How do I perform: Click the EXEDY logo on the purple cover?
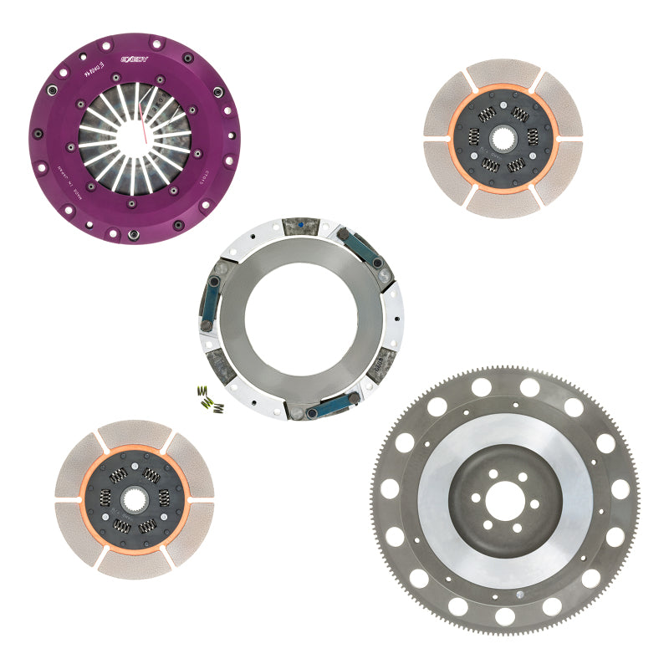[x=134, y=59]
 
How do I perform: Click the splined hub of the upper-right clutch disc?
[x=502, y=135]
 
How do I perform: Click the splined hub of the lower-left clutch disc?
[x=134, y=499]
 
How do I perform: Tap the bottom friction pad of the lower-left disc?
[x=134, y=564]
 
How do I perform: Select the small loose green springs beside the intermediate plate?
[x=210, y=400]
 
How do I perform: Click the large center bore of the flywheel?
[x=505, y=500]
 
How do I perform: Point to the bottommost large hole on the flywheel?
[x=505, y=616]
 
